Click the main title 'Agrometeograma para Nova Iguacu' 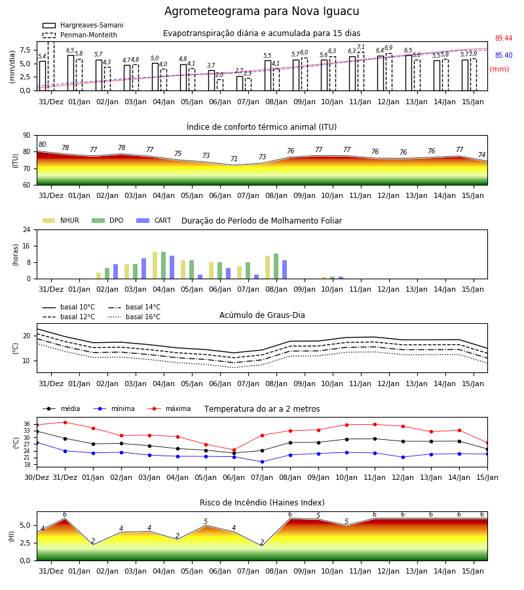coord(261,11)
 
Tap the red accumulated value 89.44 coord(504,39)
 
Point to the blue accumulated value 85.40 coord(504,55)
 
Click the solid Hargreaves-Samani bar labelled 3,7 coord(212,81)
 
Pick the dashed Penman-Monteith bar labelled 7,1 coord(361,71)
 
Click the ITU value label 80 coord(42,144)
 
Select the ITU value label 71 coord(234,159)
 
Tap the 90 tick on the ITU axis coord(26,136)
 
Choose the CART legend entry coord(154,220)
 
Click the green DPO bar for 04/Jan coord(164,265)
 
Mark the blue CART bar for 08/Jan coord(284,269)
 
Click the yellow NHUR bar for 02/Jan coord(98,276)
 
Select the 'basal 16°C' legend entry coord(134,317)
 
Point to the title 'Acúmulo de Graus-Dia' coord(262,315)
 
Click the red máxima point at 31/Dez coord(65,422)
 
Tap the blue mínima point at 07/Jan coord(263,462)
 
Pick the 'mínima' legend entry coord(114,408)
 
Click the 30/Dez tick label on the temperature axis coord(37,477)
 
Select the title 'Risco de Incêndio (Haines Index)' coord(262,503)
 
